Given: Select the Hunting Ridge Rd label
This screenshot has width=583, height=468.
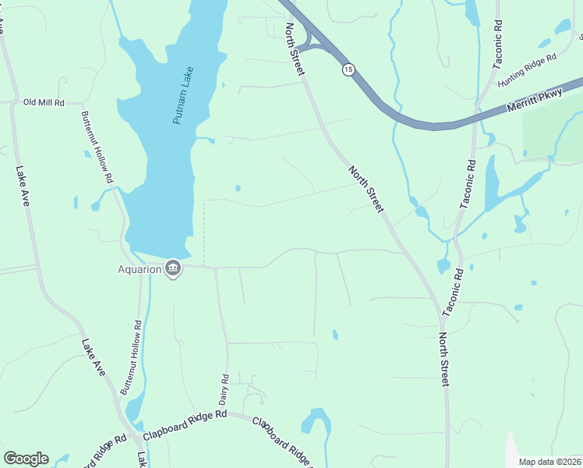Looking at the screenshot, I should [x=528, y=69].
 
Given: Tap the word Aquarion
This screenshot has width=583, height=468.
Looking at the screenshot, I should [x=140, y=270].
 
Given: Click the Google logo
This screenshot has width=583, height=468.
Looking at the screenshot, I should [x=26, y=459].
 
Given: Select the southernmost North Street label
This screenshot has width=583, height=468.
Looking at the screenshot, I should [x=443, y=360].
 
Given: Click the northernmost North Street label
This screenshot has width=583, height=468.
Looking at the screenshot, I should [x=295, y=48].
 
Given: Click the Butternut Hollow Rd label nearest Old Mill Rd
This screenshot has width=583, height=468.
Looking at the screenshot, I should [x=97, y=147].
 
